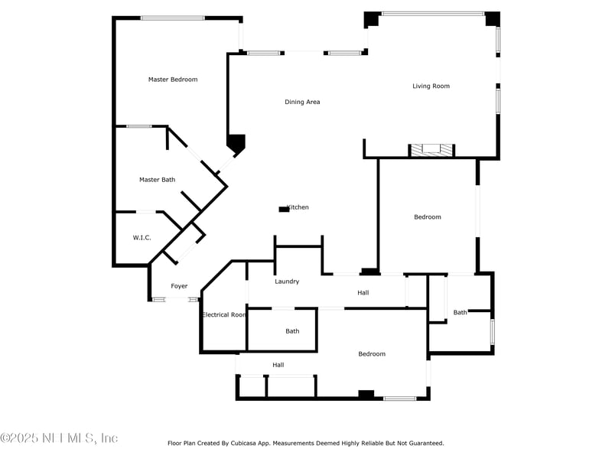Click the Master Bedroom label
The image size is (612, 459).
pos(173,80)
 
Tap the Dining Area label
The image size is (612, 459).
pos(302,102)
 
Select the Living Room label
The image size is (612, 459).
pos(431,86)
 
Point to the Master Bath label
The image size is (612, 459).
pos(157,180)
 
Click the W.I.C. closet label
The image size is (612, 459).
pos(142,238)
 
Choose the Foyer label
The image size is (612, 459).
pos(179,286)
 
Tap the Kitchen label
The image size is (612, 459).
pos(298,207)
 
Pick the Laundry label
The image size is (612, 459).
pos(287,282)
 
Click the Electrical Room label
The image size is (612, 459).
pos(223,314)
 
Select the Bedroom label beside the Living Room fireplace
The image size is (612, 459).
pos(428,217)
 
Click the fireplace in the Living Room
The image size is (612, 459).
pos(431,151)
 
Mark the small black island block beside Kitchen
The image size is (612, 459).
pos(284,209)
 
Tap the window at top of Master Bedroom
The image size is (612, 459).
pos(172,18)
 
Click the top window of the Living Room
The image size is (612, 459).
pos(433,13)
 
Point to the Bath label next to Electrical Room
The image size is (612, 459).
pos(292,331)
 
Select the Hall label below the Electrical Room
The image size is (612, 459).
pos(278,365)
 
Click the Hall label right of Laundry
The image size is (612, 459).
pos(363,293)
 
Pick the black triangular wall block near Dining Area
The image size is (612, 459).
pos(236,143)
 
